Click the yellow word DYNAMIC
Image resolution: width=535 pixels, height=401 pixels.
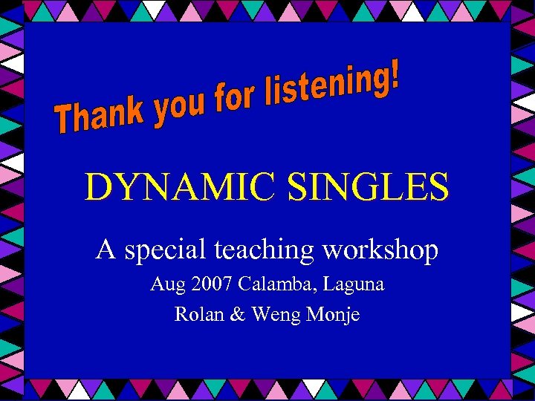pyautogui.click(x=181, y=187)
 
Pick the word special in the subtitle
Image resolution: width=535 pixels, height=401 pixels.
pyautogui.click(x=163, y=251)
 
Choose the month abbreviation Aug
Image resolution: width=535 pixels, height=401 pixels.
pyautogui.click(x=166, y=284)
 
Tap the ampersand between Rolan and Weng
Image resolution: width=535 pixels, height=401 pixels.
pyautogui.click(x=237, y=314)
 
